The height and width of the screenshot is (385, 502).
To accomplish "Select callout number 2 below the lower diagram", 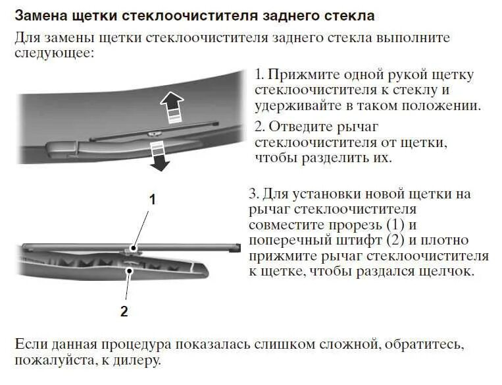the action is click(x=124, y=312).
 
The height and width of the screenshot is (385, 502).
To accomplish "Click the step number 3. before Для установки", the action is click(x=253, y=194).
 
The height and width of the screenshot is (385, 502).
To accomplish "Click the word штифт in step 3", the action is click(x=358, y=240).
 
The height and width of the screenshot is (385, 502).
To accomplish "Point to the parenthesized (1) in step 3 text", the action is click(x=394, y=225).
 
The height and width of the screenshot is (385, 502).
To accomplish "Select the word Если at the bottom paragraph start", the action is click(x=30, y=344).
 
